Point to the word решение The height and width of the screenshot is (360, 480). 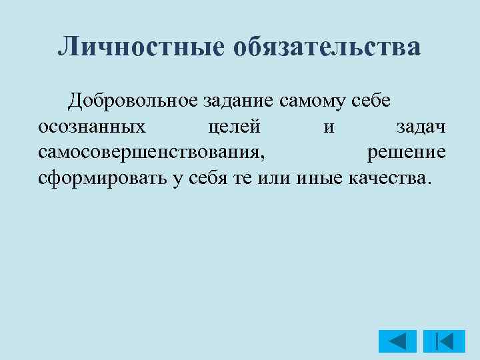click(407, 153)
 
